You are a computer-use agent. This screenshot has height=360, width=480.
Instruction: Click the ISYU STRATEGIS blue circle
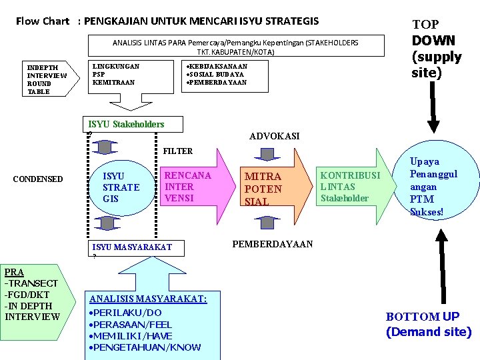click(121, 187)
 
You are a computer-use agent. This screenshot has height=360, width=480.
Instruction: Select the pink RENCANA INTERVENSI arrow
click(189, 187)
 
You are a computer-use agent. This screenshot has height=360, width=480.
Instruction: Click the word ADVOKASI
click(274, 136)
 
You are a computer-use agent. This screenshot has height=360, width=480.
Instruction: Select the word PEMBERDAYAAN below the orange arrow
click(272, 244)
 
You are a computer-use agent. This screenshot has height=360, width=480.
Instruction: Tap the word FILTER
click(177, 151)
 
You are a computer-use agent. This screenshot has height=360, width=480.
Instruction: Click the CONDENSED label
click(38, 179)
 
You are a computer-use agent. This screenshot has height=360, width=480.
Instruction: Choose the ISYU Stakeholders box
click(126, 124)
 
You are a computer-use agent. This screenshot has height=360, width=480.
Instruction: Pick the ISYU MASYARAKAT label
click(131, 247)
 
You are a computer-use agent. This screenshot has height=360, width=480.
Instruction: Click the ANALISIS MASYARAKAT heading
click(148, 299)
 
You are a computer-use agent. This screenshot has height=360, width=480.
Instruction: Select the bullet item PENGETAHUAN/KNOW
click(146, 347)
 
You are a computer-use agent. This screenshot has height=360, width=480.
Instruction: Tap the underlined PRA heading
click(13, 272)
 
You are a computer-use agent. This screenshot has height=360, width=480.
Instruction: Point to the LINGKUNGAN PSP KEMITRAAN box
click(116, 75)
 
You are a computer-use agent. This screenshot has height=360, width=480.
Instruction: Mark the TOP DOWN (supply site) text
click(436, 49)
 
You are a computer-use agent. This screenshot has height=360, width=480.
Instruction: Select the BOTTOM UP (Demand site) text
click(428, 324)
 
